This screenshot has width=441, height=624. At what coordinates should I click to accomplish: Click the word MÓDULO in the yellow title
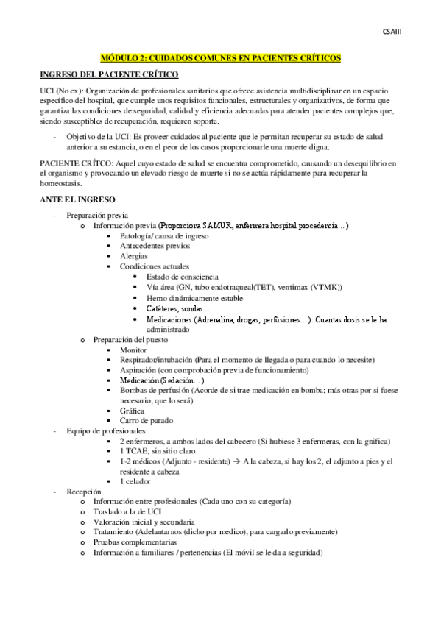[119, 57]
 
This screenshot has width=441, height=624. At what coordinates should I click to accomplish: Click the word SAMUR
[217, 225]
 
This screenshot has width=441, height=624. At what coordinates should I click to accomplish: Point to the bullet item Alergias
[133, 256]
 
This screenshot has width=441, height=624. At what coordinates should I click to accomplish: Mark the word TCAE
[137, 450]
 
